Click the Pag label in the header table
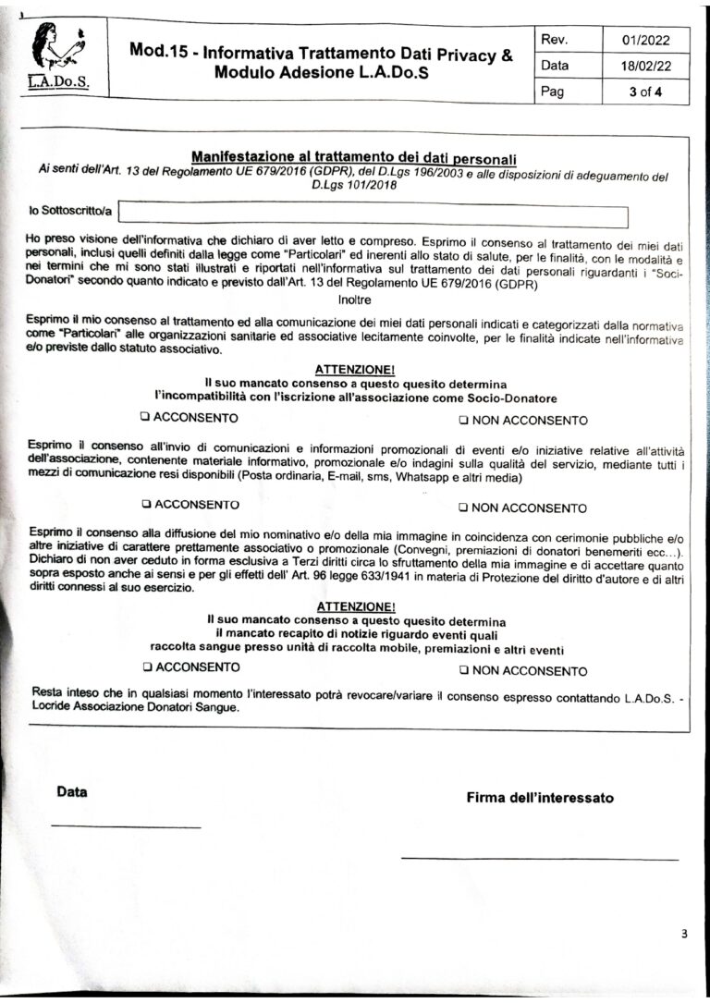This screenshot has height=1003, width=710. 554,92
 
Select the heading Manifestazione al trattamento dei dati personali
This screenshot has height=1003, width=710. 353,157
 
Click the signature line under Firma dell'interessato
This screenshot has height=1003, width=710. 539,858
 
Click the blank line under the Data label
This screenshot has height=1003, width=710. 126,826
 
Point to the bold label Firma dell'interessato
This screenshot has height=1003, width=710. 539,798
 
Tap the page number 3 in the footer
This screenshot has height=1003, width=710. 684,934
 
